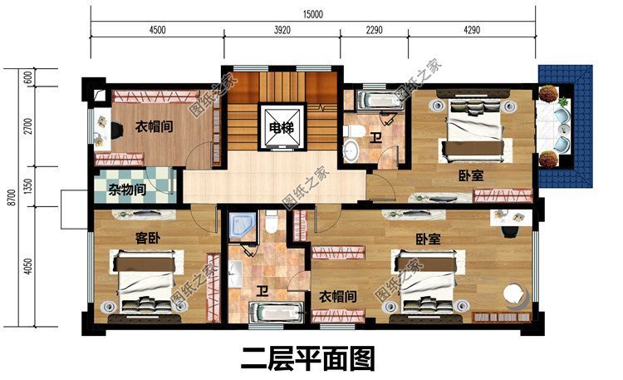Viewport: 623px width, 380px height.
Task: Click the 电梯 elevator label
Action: tap(280, 128)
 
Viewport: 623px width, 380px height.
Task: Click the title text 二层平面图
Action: tap(308, 358)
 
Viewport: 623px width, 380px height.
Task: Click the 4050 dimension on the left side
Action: tap(28, 267)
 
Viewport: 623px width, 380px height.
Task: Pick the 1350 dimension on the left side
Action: tap(28, 185)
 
